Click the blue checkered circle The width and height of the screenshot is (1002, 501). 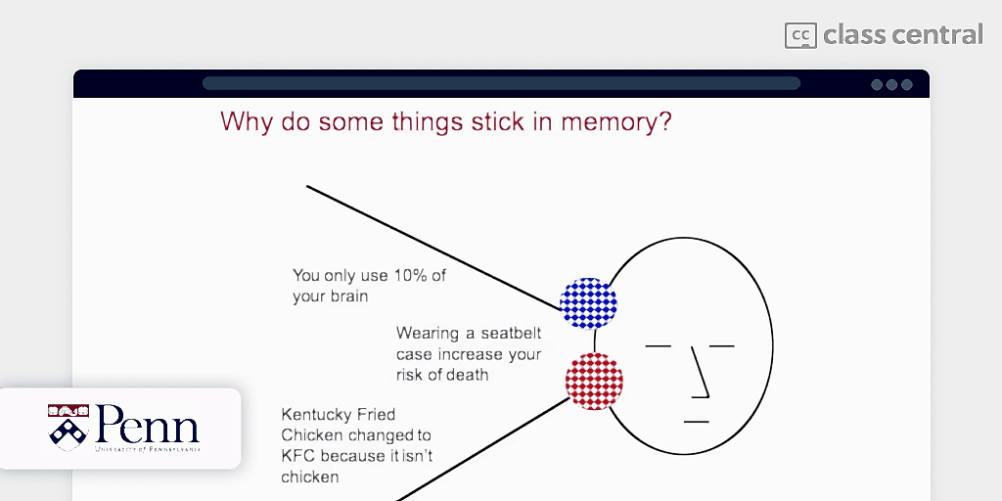(x=588, y=303)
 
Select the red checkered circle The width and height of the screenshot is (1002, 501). (x=594, y=382)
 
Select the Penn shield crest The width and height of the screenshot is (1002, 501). (x=68, y=427)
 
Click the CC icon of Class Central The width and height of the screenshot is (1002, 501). (x=800, y=36)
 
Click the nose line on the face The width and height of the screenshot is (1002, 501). (x=701, y=373)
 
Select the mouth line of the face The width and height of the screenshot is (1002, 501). (x=696, y=422)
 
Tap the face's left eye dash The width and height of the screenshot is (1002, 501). (x=659, y=346)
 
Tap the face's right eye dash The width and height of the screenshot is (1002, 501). (x=721, y=346)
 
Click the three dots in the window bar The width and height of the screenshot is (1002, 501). (x=891, y=84)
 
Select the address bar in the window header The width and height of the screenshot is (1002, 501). (x=501, y=84)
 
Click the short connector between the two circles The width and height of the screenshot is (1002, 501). (x=594, y=341)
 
